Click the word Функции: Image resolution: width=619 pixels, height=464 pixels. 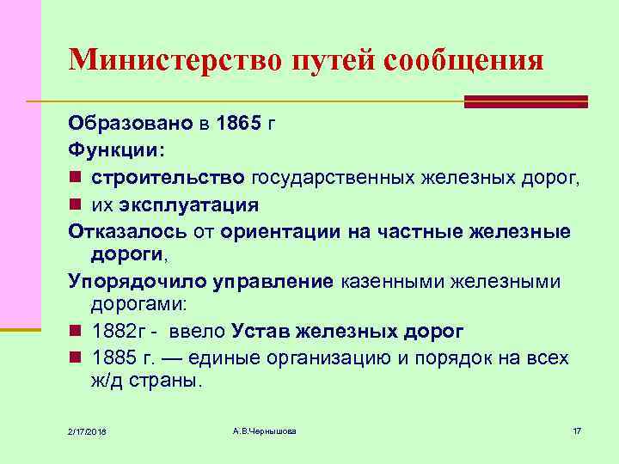[x=113, y=150]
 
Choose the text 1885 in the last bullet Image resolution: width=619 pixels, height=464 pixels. [x=113, y=357]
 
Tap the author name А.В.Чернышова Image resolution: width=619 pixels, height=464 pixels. [x=264, y=430]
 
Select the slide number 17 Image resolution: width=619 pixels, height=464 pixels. [x=577, y=430]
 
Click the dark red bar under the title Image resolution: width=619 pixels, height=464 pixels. [x=525, y=102]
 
